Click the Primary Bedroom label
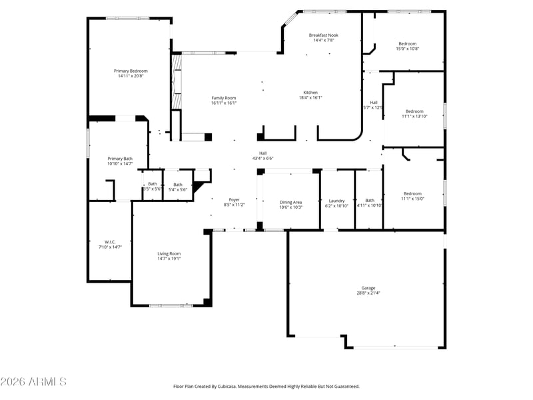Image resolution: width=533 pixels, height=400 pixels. [131, 71]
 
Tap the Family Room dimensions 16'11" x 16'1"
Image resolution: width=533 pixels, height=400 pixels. [224, 103]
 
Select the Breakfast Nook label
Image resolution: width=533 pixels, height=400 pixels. [324, 35]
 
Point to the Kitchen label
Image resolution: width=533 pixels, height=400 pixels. [310, 93]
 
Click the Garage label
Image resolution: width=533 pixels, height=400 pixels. [368, 288]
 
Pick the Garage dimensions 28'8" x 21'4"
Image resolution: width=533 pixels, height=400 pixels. [368, 293]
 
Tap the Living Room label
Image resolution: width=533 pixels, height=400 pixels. [169, 253]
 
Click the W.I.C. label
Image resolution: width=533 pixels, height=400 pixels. [110, 242]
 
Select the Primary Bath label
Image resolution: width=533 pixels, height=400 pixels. [120, 159]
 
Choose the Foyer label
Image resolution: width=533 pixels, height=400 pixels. [235, 199]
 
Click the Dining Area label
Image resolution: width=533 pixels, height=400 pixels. [290, 202]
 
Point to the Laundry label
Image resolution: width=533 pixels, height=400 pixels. [336, 201]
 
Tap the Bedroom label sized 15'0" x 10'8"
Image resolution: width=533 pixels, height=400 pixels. [408, 43]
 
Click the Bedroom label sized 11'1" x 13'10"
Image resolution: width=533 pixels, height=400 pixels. [414, 111]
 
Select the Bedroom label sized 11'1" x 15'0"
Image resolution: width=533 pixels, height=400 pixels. [412, 193]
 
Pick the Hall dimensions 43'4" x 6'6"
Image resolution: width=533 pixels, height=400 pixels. [263, 158]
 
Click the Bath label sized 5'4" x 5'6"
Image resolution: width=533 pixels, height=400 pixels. [178, 185]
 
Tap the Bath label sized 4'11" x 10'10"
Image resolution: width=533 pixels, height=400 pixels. [370, 201]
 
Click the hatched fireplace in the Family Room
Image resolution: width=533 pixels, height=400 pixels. [177, 81]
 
